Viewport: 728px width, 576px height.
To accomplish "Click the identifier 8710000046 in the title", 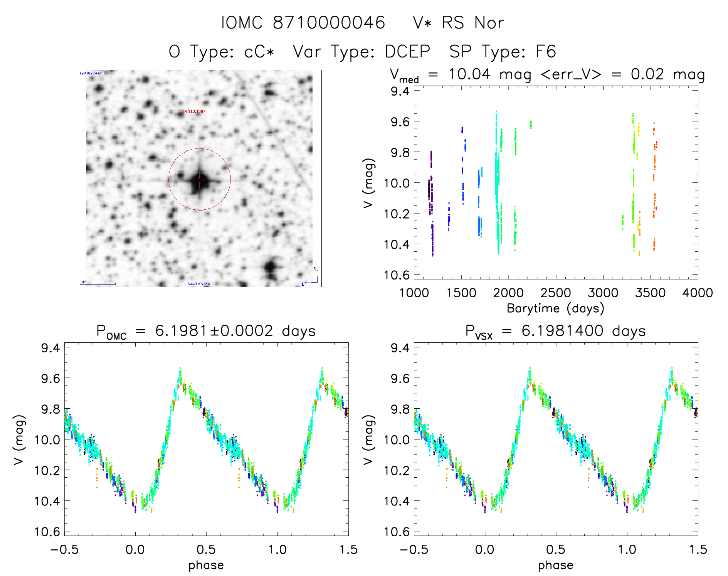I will [x=329, y=23].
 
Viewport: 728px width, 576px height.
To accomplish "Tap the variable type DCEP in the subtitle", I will [x=407, y=52].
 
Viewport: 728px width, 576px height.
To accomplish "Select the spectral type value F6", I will [x=546, y=52].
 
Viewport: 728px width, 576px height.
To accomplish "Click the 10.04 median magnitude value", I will [x=469, y=74].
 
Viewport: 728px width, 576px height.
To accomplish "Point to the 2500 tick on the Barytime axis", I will [x=556, y=293].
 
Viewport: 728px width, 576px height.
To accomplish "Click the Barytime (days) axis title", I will [x=555, y=308].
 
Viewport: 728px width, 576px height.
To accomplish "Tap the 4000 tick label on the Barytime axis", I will [x=697, y=293].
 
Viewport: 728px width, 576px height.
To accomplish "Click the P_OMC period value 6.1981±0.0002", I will [x=214, y=331].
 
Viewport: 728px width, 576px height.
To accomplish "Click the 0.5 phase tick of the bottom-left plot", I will [x=206, y=549].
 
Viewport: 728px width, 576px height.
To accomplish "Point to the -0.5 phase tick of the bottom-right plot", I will [x=414, y=549].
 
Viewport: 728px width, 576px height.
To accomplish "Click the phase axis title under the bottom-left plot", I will [x=206, y=565].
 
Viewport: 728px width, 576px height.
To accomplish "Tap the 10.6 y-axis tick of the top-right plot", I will [x=396, y=275].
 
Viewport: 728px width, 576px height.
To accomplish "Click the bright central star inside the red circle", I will [x=199, y=180].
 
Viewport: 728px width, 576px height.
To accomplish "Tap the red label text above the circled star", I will [x=193, y=111].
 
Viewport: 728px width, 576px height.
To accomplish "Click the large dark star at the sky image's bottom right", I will [x=271, y=266].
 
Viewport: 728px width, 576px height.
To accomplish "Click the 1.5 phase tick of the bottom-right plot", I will [x=698, y=549].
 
